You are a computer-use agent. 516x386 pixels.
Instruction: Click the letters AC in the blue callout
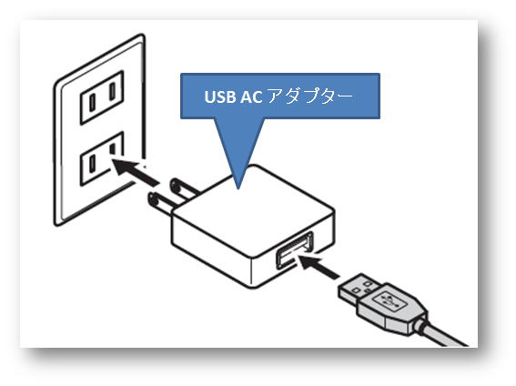pyautogui.click(x=251, y=96)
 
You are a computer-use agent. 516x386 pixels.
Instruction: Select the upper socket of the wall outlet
pyautogui.click(x=102, y=97)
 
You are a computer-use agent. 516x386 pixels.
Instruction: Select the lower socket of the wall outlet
pyautogui.click(x=102, y=158)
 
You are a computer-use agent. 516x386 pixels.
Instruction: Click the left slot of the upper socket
pyautogui.click(x=93, y=103)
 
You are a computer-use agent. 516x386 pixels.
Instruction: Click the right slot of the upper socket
pyautogui.click(x=113, y=91)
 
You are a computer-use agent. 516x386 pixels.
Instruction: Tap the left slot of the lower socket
pyautogui.click(x=93, y=164)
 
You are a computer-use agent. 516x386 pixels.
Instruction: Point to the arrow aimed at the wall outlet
pyautogui.click(x=135, y=172)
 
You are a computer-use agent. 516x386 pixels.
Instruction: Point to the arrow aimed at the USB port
pyautogui.click(x=319, y=266)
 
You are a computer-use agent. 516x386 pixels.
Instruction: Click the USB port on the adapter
pyautogui.click(x=295, y=250)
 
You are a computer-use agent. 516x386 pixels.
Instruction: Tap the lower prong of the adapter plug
pyautogui.click(x=162, y=203)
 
